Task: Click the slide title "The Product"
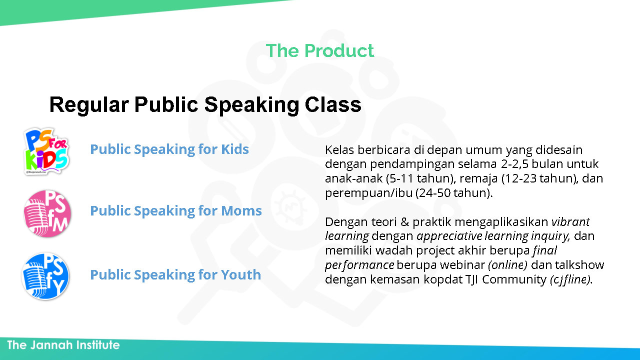coord(319,50)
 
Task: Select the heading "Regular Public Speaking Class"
coord(205,105)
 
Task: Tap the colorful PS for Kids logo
coord(46,151)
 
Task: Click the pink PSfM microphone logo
coord(47,213)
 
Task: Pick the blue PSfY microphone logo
coord(45,276)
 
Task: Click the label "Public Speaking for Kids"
coord(169,149)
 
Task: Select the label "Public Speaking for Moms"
coord(176,211)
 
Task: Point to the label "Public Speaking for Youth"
coord(175,275)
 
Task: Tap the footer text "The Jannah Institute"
coord(63,345)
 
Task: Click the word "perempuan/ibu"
coord(369,193)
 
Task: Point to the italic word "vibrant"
coord(570,221)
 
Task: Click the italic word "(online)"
coord(507,265)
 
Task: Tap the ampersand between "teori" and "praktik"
coord(405,222)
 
